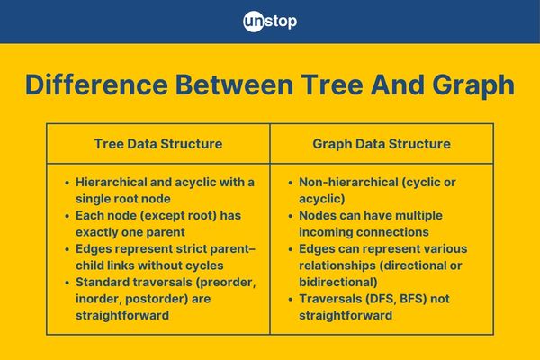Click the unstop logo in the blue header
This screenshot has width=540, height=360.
coord(270,22)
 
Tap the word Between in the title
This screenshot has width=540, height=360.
coord(234,85)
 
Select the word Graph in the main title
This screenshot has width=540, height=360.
coord(473,85)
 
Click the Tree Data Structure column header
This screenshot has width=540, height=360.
coord(158,144)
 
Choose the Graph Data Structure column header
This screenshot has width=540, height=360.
coord(382,144)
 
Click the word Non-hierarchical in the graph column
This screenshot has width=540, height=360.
coord(348,182)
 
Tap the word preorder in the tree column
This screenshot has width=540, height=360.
coord(226,282)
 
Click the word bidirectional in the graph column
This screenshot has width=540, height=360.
coord(338,282)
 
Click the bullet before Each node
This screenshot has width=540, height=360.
coord(67,216)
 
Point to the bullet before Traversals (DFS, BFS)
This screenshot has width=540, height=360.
coord(291,300)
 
